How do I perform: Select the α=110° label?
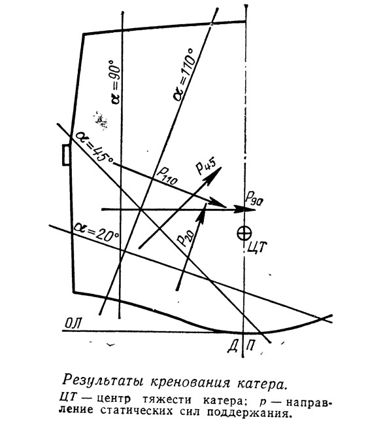coord(184,75)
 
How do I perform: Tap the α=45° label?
coord(94,147)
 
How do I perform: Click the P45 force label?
coord(206,166)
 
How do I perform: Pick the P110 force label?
coord(167,176)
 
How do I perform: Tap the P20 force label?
coord(186,238)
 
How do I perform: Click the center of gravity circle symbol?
coord(244,234)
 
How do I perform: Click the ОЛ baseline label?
coord(73,323)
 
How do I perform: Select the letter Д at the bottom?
coord(233,347)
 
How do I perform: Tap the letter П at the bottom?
coord(250,346)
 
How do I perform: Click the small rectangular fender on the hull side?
coord(66,155)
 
